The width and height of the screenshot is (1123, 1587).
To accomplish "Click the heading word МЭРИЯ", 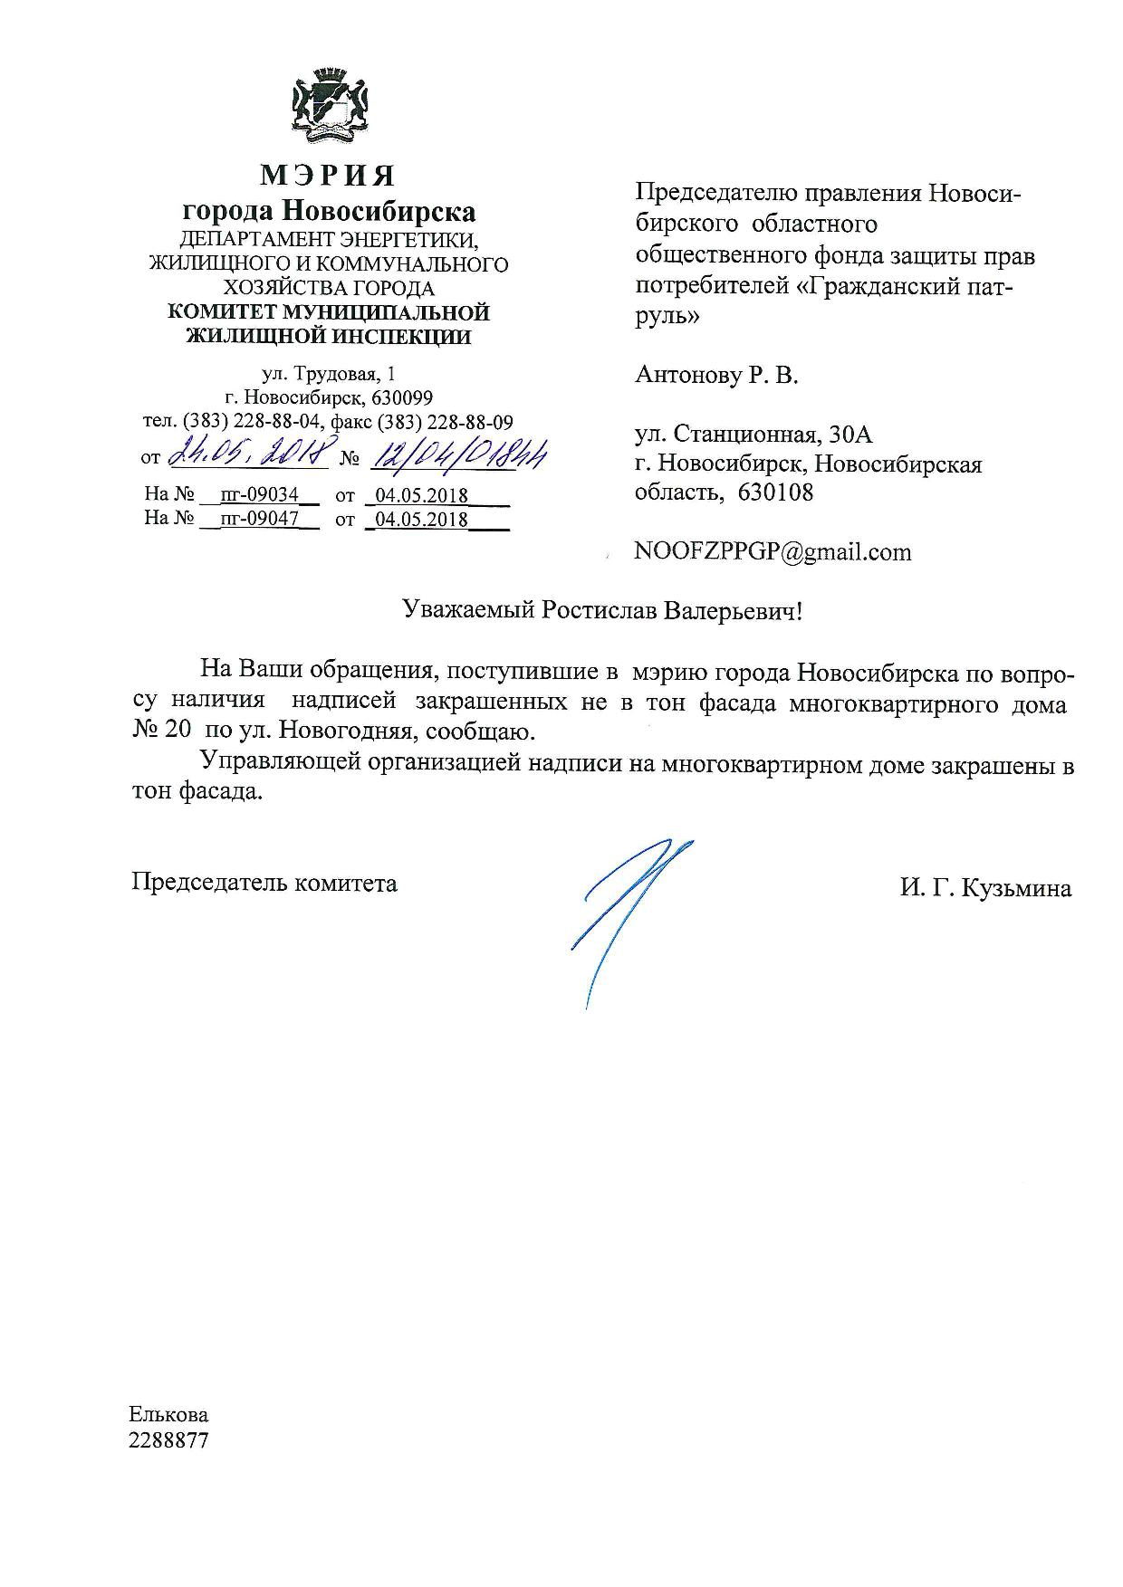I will coord(328,175).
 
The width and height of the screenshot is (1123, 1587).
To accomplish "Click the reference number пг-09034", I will coord(259,495).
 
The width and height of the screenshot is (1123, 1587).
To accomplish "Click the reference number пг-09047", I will coord(259,519).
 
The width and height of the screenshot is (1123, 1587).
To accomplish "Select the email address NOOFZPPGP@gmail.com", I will coord(773,551).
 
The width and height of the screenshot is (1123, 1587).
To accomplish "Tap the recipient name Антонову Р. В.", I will coord(716,375).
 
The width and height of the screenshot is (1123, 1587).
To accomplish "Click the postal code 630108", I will coord(776,492).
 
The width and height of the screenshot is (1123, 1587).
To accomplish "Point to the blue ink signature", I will coord(625,914).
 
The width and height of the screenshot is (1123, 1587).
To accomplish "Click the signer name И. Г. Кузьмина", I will coord(985,888).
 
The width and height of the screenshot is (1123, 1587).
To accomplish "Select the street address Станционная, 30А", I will coord(772,435).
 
